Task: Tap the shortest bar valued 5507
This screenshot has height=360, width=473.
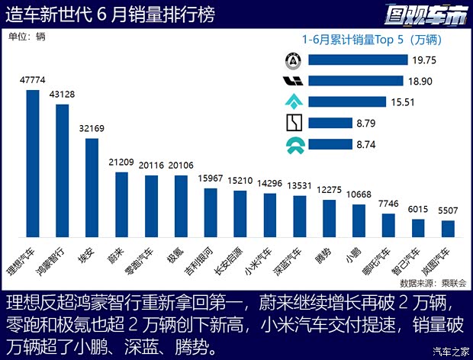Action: (x=448, y=230)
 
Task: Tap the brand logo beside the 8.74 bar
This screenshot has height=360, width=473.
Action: (x=293, y=144)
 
